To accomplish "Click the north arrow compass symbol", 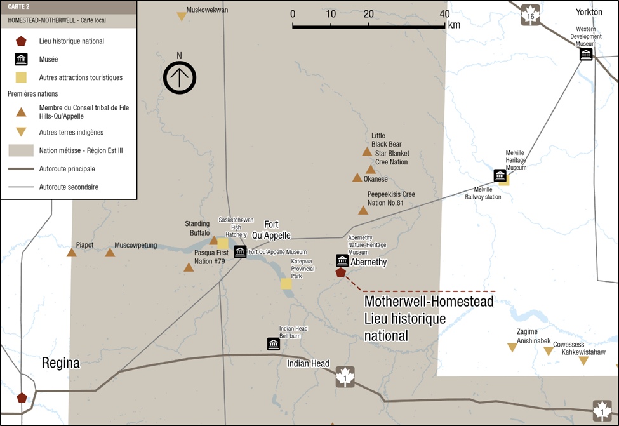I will pyautogui.click(x=179, y=78).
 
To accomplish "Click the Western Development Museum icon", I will pyautogui.click(x=585, y=55).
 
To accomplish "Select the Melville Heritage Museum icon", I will pyautogui.click(x=500, y=175).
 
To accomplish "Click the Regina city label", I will pyautogui.click(x=61, y=364).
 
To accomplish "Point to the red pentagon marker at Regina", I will pyautogui.click(x=22, y=397).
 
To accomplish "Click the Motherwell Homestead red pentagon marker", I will pyautogui.click(x=340, y=272).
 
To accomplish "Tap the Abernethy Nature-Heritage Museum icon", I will pyautogui.click(x=342, y=260).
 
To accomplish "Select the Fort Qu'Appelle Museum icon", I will pyautogui.click(x=240, y=251).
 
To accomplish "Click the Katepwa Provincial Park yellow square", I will pyautogui.click(x=286, y=283).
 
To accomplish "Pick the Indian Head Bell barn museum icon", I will pyautogui.click(x=274, y=343).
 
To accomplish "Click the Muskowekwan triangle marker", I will pyautogui.click(x=182, y=17).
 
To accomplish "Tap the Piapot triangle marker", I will pyautogui.click(x=72, y=253).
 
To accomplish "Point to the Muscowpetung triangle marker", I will pyautogui.click(x=110, y=253).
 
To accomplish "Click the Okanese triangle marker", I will pyautogui.click(x=357, y=178).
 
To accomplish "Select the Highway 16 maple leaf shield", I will pyautogui.click(x=530, y=14).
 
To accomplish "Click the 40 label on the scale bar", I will pyautogui.click(x=444, y=14).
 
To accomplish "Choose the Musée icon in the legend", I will pyautogui.click(x=21, y=60).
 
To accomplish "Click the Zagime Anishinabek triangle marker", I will pyautogui.click(x=512, y=347).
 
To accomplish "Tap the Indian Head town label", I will pyautogui.click(x=308, y=364).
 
